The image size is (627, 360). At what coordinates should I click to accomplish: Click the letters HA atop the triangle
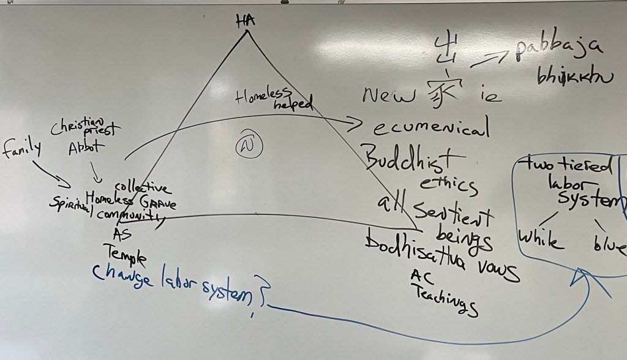[x=246, y=22]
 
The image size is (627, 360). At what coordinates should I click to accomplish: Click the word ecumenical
[x=431, y=129]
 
